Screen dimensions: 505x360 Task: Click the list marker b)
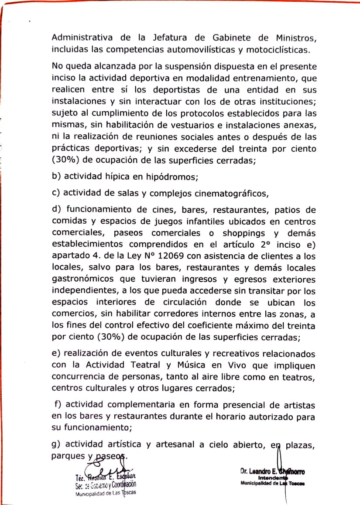(57, 177)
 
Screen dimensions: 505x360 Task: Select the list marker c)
(57, 193)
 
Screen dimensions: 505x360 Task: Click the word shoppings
(248, 233)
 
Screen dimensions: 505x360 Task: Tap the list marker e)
(57, 353)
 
